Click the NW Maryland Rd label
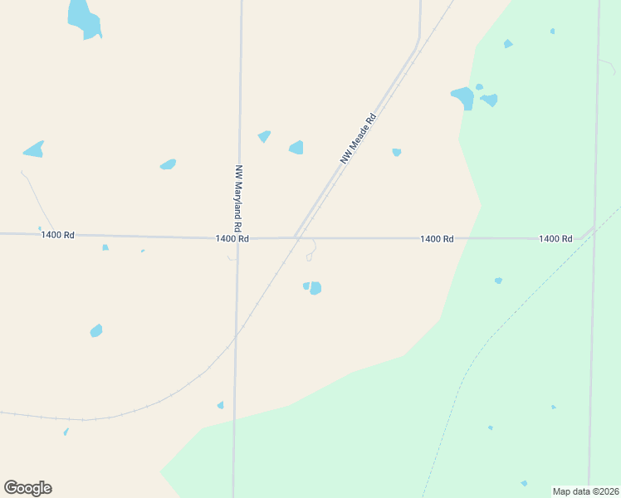pyautogui.click(x=238, y=197)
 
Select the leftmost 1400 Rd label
pyautogui.click(x=57, y=235)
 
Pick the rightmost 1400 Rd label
pyautogui.click(x=555, y=238)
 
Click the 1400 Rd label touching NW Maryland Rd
pyautogui.click(x=232, y=238)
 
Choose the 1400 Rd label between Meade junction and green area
pyautogui.click(x=437, y=238)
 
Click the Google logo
pyautogui.click(x=27, y=488)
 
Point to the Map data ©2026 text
pyautogui.click(x=585, y=491)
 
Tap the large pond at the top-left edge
pyautogui.click(x=83, y=18)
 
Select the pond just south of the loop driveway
pyautogui.click(x=313, y=288)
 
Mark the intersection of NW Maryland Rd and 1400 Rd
pyautogui.click(x=238, y=238)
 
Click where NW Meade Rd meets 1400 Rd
pyautogui.click(x=296, y=238)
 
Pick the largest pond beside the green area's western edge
pyautogui.click(x=463, y=98)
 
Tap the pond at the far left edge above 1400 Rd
pyautogui.click(x=34, y=149)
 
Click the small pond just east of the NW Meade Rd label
pyautogui.click(x=397, y=152)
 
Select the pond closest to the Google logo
pyautogui.click(x=66, y=432)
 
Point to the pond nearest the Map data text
pyautogui.click(x=524, y=483)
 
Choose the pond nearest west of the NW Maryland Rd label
pyautogui.click(x=169, y=164)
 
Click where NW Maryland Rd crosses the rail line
pyautogui.click(x=237, y=335)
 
